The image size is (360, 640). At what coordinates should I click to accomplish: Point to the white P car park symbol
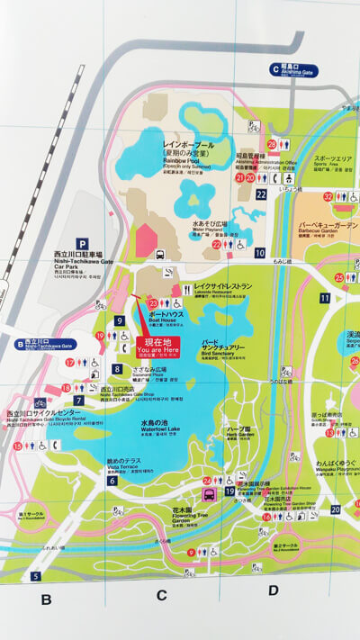click(82, 242)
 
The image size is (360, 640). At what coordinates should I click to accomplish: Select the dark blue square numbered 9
click(119, 321)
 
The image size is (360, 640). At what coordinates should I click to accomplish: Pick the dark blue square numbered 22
click(261, 194)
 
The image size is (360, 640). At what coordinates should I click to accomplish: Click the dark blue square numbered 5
click(36, 576)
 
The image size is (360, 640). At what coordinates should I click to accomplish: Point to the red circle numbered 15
click(17, 445)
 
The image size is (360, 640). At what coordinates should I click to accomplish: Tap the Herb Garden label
click(239, 432)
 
